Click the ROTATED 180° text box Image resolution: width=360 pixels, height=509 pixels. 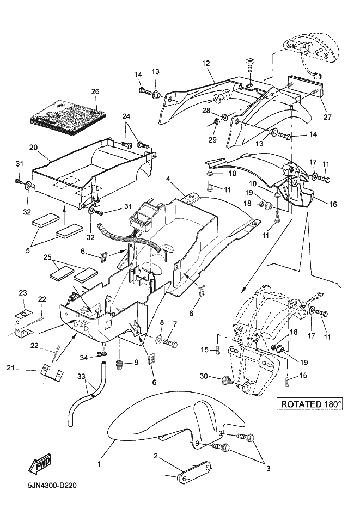pos(312,404)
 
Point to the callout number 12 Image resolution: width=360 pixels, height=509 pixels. pos(205,63)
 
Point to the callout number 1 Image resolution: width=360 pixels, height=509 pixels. pos(99,464)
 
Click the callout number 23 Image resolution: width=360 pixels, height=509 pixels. pos(22,293)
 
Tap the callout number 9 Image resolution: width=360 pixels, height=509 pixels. pos(136,362)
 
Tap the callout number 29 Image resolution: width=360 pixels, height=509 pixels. pos(212,139)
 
